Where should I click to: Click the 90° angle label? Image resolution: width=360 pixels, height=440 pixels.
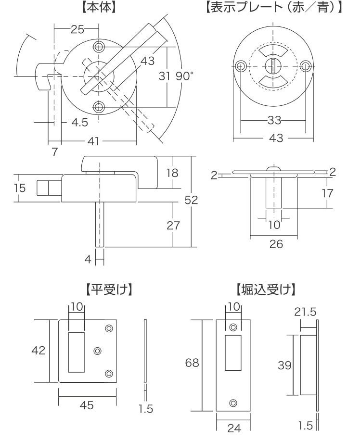pos(184,75)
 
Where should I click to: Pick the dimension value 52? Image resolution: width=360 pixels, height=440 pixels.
pos(191,200)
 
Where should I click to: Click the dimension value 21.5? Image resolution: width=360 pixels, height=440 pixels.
pos(305,312)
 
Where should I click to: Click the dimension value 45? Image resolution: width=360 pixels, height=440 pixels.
pos(87,405)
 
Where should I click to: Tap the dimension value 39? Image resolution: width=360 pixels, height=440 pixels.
pos(285,365)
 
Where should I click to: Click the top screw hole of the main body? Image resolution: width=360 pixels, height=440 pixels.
pos(99,47)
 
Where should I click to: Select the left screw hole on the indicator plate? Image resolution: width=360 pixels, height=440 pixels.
pos(240,66)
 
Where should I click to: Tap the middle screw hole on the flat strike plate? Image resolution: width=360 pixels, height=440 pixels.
pos(98,351)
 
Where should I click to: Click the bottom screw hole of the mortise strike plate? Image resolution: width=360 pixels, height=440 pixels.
pos(233,402)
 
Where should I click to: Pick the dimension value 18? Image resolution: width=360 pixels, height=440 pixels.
pos(172,173)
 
